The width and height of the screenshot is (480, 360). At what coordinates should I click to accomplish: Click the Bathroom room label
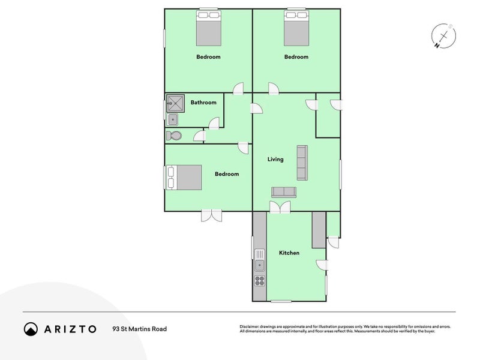[203, 103]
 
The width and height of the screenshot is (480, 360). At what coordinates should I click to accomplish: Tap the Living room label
[275, 160]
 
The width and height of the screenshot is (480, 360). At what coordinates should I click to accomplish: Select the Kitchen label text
[289, 253]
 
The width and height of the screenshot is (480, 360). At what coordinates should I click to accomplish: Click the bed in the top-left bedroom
[209, 29]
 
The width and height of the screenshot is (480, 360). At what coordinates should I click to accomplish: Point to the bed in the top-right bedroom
[296, 29]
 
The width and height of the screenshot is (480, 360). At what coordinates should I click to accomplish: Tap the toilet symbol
[173, 136]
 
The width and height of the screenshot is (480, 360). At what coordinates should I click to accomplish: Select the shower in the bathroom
[176, 104]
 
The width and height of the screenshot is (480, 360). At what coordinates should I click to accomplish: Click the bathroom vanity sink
[173, 120]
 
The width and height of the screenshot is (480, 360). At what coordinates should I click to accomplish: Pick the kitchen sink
[260, 263]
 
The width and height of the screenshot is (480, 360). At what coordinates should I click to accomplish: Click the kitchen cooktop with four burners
[260, 280]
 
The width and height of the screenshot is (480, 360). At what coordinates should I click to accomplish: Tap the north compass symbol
[442, 37]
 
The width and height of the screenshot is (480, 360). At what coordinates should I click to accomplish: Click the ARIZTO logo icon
[31, 329]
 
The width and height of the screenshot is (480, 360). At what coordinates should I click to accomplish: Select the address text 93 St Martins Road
[139, 329]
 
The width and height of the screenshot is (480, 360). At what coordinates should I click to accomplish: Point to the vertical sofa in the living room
[301, 163]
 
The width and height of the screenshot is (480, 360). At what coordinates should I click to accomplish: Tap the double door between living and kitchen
[279, 208]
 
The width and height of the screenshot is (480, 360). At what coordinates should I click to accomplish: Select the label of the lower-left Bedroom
[227, 174]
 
